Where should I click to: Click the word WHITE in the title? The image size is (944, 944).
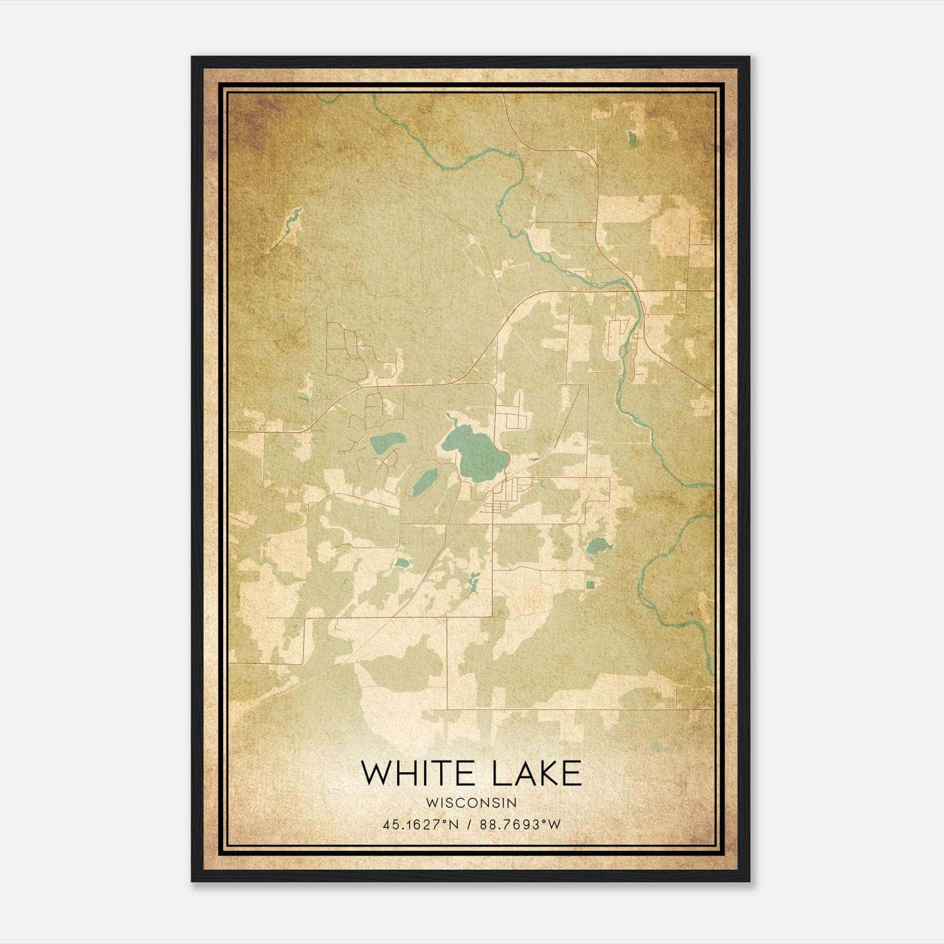413,773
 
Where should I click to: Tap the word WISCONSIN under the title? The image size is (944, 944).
471,803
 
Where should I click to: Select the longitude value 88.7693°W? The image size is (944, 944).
520,825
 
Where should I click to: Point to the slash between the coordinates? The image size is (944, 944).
470,825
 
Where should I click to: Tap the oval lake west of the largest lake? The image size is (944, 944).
387,440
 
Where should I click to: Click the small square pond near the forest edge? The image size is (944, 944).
590,585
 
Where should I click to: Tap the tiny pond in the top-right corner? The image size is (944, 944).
632,139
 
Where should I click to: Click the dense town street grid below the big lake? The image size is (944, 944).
507,496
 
